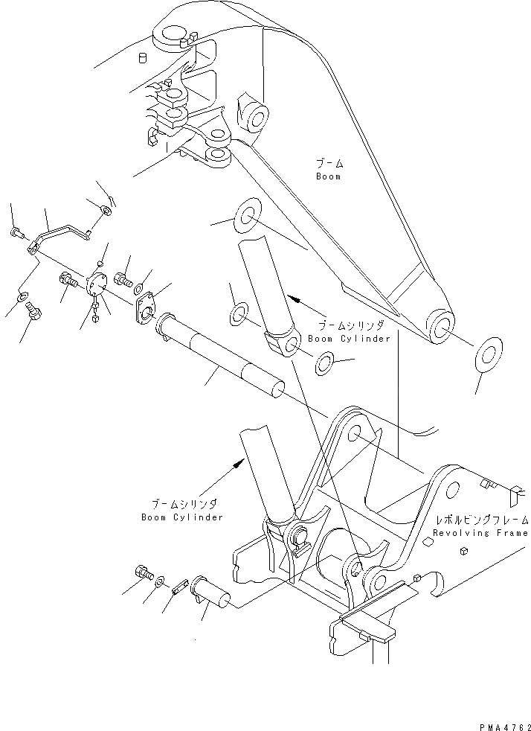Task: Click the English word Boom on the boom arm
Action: tap(327, 177)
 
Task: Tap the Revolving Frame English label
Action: tap(480, 533)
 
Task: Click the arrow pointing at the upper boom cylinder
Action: tap(298, 302)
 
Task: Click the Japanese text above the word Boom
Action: tap(327, 163)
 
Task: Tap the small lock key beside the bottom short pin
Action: tap(178, 586)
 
